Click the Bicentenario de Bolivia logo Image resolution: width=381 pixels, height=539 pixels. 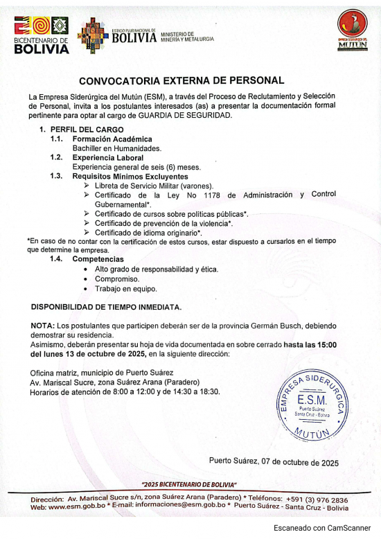pos(41,35)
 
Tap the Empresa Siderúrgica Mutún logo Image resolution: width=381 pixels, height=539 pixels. pos(352,30)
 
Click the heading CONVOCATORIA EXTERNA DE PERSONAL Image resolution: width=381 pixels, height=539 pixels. pos(181,80)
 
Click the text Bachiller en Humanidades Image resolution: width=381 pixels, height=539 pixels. pos(117,148)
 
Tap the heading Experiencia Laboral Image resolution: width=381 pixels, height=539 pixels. pos(108,158)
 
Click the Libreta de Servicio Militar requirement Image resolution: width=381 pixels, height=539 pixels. pos(154,186)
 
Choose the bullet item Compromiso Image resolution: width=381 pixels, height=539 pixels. pos(117,279)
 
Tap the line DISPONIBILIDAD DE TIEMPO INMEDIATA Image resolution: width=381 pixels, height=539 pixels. pos(107,307)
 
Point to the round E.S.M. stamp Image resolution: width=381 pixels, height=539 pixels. pos(311,405)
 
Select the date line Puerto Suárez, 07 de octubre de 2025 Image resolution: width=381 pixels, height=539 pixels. pos(274,462)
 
